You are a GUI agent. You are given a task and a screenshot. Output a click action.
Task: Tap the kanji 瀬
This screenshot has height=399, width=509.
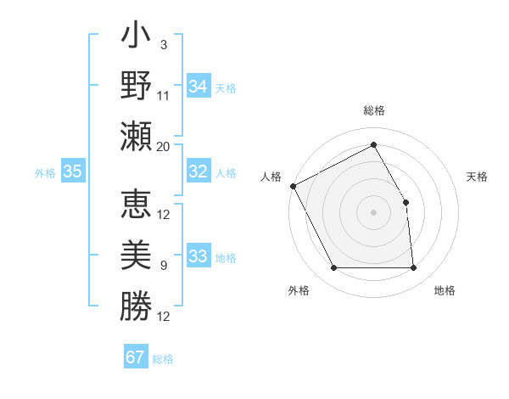(136, 137)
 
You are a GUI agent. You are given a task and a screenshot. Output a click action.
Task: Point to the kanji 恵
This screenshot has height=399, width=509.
(136, 205)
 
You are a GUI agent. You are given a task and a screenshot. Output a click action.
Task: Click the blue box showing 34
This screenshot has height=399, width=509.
(199, 87)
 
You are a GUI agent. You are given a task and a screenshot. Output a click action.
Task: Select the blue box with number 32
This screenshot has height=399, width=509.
(199, 171)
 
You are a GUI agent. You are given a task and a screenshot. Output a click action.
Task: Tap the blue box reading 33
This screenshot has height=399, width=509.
(199, 256)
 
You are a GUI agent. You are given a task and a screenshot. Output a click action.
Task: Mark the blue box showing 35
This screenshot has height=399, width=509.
(72, 171)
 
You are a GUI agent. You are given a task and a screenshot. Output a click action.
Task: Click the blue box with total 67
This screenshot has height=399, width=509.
(136, 357)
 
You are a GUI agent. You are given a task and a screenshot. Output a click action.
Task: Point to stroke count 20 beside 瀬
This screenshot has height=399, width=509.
(164, 146)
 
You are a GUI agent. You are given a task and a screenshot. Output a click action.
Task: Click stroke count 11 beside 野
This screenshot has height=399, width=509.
(164, 95)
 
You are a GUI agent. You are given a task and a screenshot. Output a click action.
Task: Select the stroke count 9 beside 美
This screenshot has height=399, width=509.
(164, 266)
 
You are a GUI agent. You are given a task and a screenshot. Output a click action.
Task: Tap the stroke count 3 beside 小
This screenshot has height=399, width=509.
(164, 44)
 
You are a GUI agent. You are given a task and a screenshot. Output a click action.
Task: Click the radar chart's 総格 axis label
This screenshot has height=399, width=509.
(373, 110)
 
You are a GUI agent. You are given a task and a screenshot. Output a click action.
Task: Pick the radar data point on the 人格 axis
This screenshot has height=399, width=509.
(293, 186)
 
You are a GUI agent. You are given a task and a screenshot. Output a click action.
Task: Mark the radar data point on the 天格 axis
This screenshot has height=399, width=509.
(406, 202)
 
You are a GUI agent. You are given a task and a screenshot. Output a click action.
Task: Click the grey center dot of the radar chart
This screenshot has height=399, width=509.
(373, 212)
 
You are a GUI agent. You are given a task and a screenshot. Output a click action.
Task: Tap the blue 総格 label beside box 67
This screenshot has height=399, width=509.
(163, 359)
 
